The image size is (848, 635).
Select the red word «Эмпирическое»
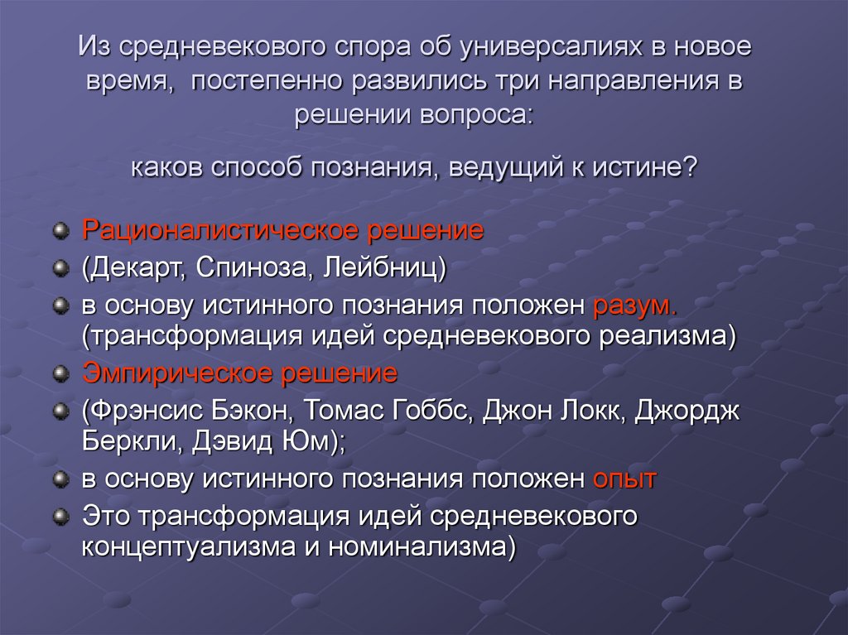click(177, 373)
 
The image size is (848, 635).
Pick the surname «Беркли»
click(125, 442)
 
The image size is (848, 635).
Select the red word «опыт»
click(624, 479)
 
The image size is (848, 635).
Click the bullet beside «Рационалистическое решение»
click(60, 231)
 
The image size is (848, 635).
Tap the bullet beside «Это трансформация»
click(60, 516)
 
